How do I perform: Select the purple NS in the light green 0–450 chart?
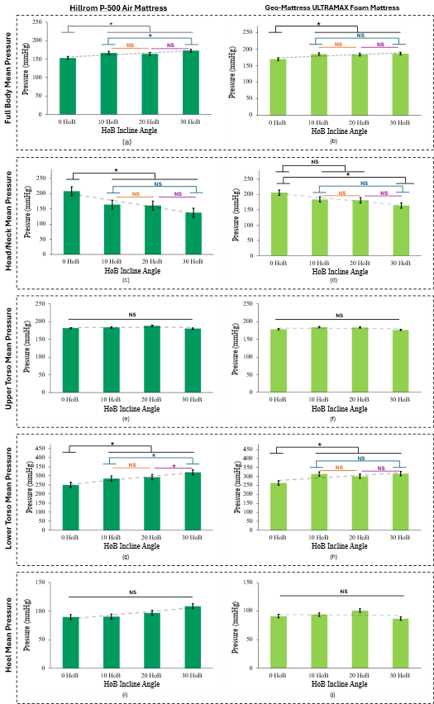pos(381,469)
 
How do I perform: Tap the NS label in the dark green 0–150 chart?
pos(132,592)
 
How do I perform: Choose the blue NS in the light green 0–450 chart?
pos(360,458)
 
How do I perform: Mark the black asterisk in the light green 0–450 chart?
pos(319,446)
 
